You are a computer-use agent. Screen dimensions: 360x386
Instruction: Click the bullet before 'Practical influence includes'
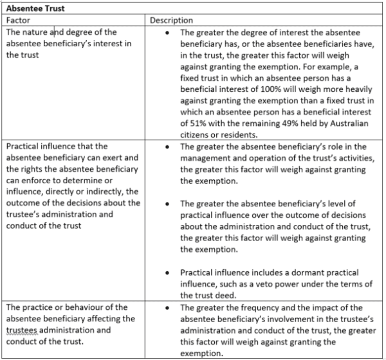[x=167, y=273]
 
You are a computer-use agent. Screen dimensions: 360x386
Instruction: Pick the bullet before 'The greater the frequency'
[x=167, y=307]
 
